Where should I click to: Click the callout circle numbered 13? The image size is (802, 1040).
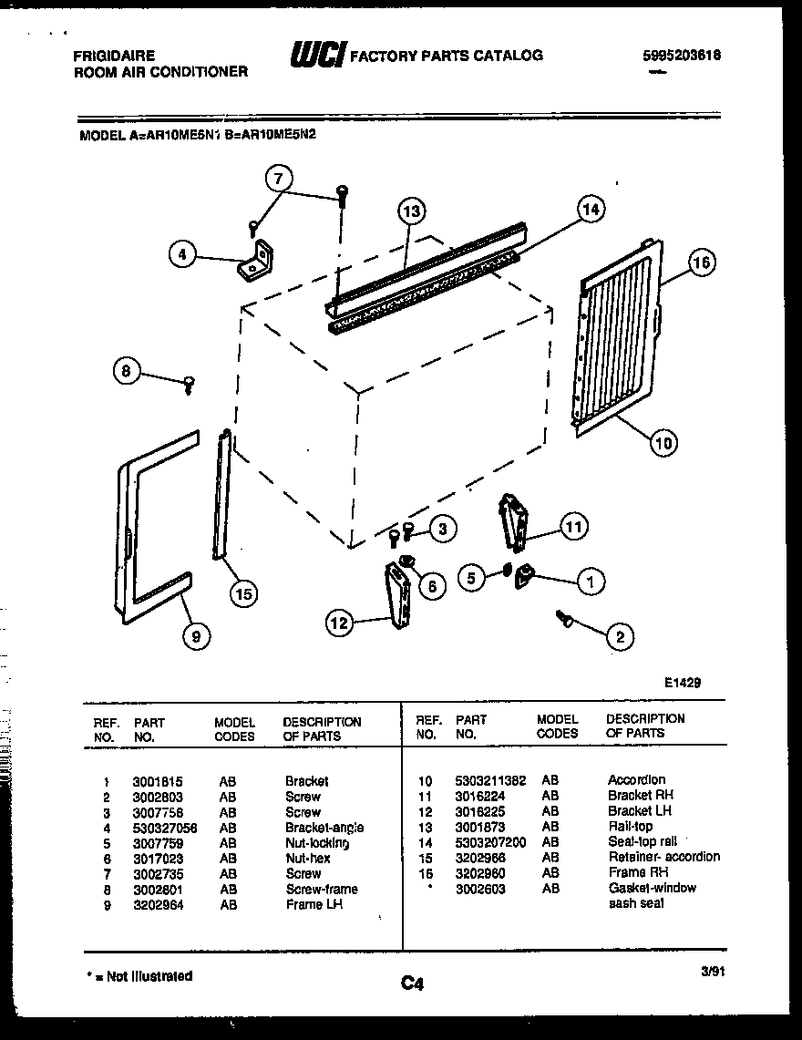coord(412,211)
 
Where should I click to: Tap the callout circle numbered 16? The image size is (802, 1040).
coord(700,263)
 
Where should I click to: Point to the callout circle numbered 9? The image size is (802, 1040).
coord(194,637)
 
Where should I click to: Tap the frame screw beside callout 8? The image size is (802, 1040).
coord(190,384)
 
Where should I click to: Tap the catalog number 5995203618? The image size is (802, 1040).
coord(681,55)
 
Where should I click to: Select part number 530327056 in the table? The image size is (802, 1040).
coord(164,828)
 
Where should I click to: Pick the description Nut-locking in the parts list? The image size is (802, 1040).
coord(316,843)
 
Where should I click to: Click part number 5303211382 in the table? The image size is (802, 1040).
coord(490,780)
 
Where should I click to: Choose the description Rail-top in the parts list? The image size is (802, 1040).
coord(630,827)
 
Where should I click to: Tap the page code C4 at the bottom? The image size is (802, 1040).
coord(412,983)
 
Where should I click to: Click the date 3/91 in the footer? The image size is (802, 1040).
coord(713,972)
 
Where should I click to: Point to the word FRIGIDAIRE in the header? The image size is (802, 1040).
coord(114,56)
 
